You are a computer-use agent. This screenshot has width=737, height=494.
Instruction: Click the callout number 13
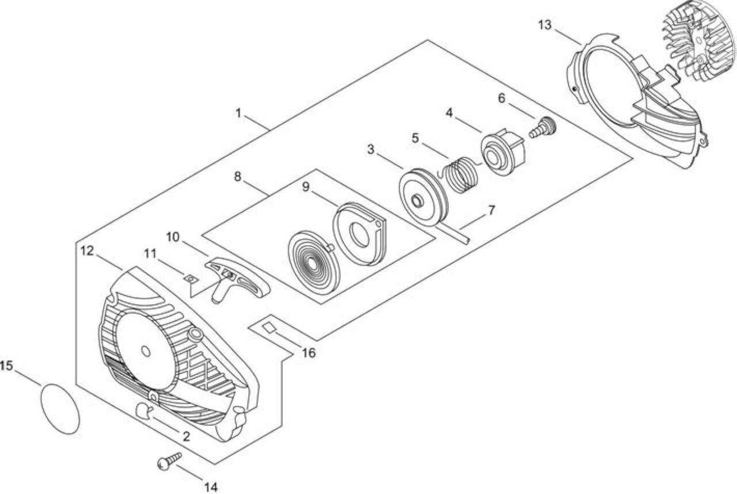(x=545, y=25)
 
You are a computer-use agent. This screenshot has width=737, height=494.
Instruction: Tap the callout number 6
(x=502, y=98)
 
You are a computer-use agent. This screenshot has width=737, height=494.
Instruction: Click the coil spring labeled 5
(x=456, y=175)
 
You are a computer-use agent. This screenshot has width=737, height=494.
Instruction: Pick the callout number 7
(x=491, y=210)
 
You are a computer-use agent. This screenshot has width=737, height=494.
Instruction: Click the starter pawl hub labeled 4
(x=503, y=151)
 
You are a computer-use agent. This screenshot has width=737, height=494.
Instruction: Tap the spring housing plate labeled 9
(x=359, y=233)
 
